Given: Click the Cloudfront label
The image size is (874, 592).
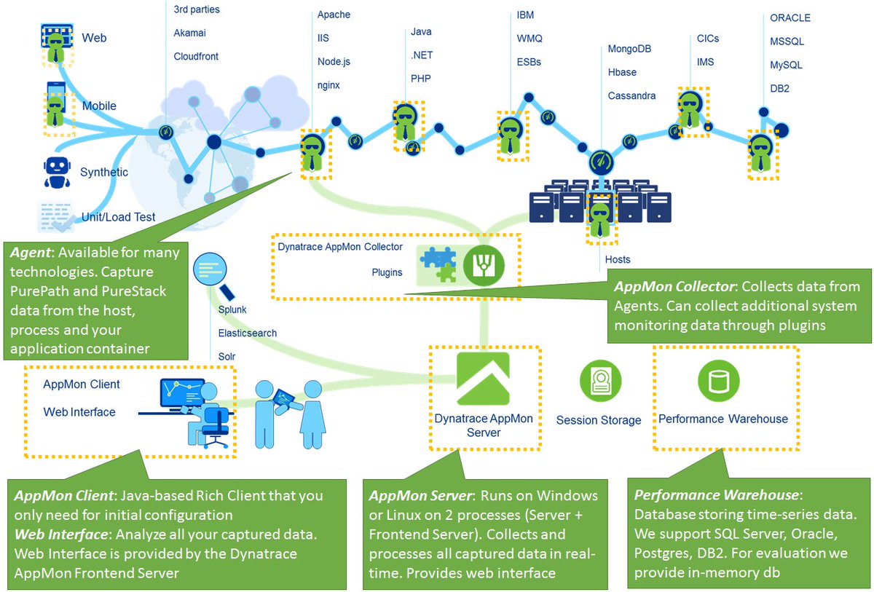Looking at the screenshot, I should click(x=196, y=56).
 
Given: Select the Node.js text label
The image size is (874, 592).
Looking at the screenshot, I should click(x=334, y=62).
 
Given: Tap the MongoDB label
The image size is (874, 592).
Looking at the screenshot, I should click(x=629, y=49).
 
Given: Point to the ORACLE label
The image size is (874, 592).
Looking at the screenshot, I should click(x=790, y=18).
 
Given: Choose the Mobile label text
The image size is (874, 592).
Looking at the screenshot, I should click(x=99, y=106).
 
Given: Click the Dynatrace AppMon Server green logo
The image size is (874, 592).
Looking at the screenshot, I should click(x=483, y=378).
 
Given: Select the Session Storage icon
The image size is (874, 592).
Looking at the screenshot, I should click(x=599, y=379).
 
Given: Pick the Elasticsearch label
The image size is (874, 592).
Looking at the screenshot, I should click(x=248, y=333).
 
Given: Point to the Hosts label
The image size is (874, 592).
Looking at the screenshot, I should click(x=618, y=259).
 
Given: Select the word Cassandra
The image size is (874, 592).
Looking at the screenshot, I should click(x=631, y=95).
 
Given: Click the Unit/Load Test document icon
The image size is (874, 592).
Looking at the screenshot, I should click(x=56, y=216).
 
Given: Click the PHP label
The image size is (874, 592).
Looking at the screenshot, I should click(x=421, y=78).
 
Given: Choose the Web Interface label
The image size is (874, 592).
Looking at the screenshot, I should click(x=79, y=412).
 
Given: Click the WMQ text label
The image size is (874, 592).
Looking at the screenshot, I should click(x=529, y=39).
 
